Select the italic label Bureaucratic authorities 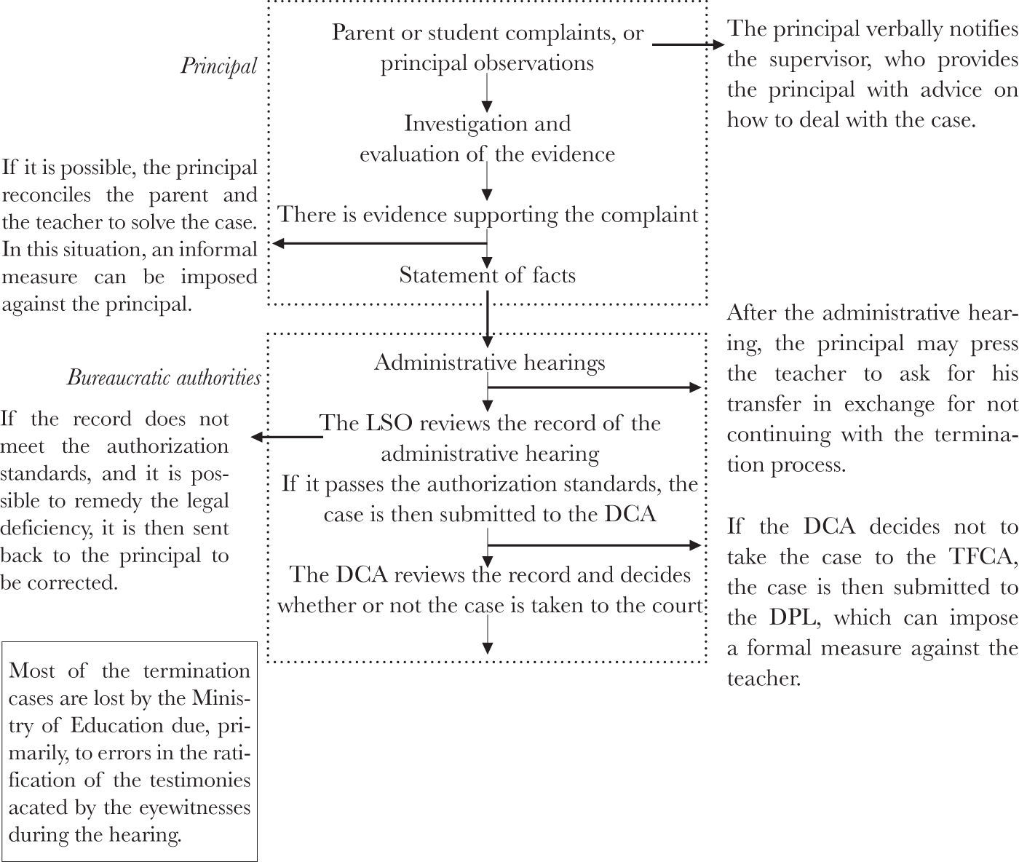(164, 378)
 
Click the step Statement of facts (487, 275)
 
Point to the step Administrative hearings (490, 363)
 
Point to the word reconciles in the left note (47, 195)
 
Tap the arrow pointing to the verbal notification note (689, 44)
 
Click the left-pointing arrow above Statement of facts (380, 243)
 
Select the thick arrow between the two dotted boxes (488, 320)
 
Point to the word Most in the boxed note (32, 671)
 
